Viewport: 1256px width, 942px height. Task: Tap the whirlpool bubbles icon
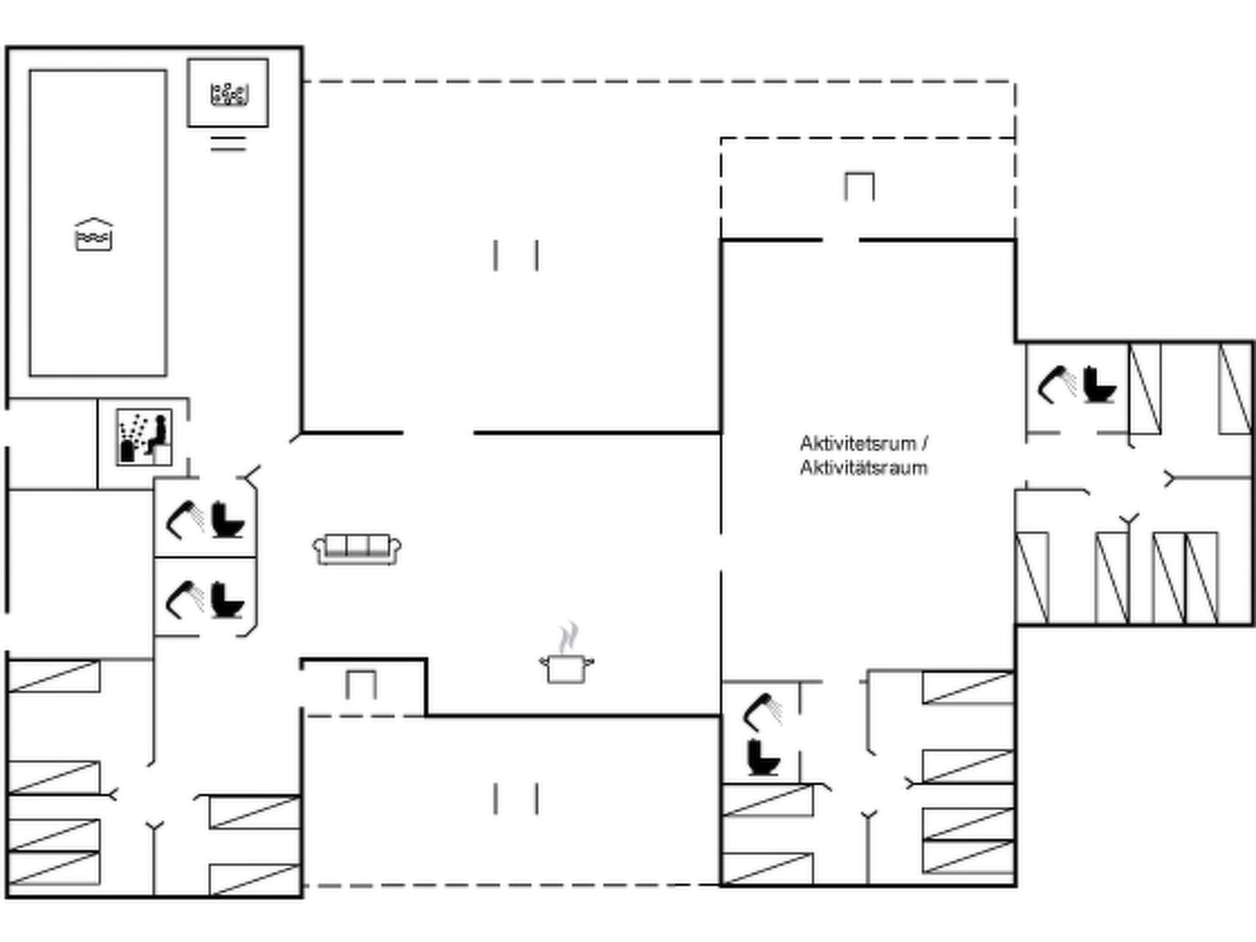[228, 94]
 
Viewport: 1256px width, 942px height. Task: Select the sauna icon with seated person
[144, 437]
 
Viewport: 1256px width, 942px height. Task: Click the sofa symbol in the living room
[357, 549]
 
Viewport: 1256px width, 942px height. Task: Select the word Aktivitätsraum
[863, 468]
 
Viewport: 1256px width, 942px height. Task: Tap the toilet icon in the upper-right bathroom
[1099, 385]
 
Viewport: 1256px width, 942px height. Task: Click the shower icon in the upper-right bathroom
[1056, 385]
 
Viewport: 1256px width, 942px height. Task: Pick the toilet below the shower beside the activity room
[763, 758]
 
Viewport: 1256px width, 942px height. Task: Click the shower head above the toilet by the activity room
[763, 712]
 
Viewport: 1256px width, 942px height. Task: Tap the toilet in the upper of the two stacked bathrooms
[228, 519]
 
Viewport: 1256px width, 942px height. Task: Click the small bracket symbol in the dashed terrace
[859, 186]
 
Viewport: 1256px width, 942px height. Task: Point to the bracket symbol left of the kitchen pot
[361, 684]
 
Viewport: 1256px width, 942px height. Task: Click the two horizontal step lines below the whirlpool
[228, 143]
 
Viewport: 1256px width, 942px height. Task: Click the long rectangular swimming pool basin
[98, 223]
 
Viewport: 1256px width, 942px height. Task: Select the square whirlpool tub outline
[228, 93]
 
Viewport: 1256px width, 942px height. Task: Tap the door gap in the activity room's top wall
[840, 240]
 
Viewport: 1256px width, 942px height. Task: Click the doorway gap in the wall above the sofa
[438, 432]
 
